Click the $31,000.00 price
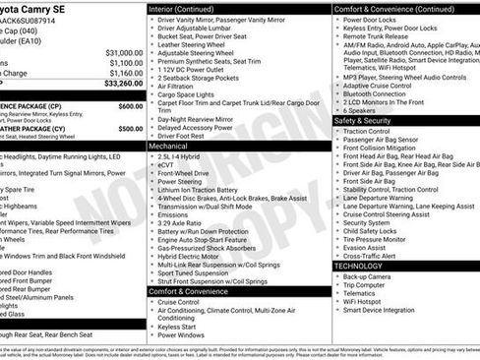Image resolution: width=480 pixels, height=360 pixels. click(124, 52)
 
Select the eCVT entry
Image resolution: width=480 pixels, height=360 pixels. click(167, 164)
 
